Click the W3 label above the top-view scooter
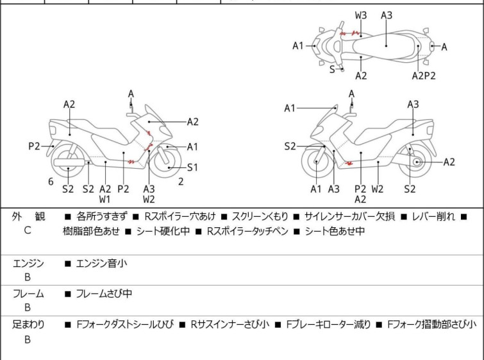(361, 15)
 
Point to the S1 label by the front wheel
(193, 167)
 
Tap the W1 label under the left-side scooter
(104, 199)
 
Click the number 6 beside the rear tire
(51, 182)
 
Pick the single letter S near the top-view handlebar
(332, 69)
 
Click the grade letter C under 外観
(28, 230)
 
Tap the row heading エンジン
(28, 262)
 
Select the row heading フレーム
(28, 293)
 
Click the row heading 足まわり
(28, 325)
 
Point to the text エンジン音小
(101, 262)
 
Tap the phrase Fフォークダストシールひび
(124, 325)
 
